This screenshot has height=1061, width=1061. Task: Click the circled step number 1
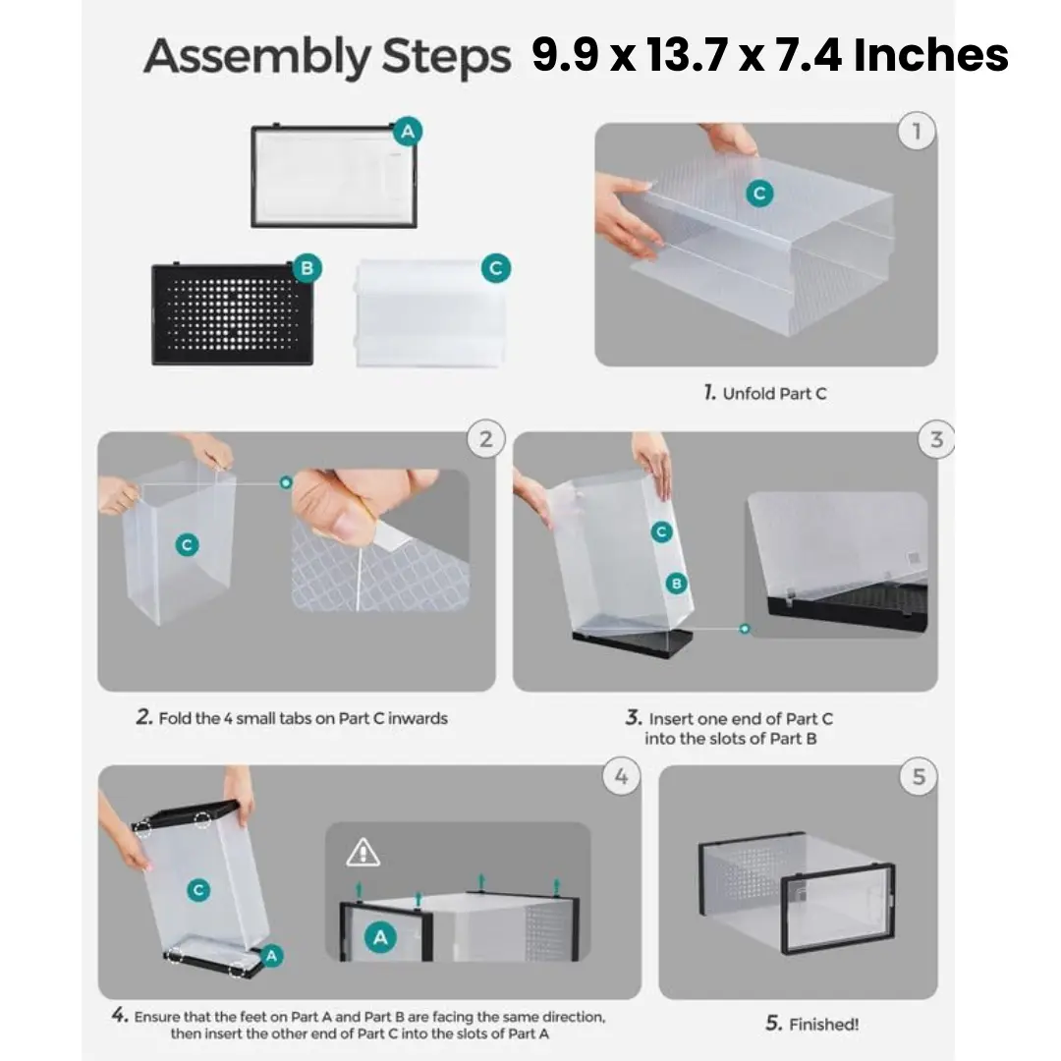(x=917, y=131)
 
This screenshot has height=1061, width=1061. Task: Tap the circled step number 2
(x=486, y=439)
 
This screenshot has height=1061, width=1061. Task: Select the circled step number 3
(x=936, y=439)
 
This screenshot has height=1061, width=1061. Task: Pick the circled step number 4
(x=621, y=776)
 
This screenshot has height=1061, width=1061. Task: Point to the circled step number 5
(x=919, y=776)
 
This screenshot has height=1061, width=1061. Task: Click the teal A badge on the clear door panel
(x=408, y=132)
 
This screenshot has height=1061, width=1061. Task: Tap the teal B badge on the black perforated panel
(x=307, y=268)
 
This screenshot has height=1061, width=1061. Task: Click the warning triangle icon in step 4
(x=363, y=853)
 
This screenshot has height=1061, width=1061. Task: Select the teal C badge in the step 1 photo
(x=759, y=194)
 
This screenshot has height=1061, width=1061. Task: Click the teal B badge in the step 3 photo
(x=676, y=584)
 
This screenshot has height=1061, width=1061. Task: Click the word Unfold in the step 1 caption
(x=749, y=394)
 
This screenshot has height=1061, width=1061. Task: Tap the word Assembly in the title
(x=257, y=58)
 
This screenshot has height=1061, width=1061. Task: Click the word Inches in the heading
(x=931, y=55)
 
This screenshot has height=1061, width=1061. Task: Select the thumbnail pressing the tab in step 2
(x=380, y=540)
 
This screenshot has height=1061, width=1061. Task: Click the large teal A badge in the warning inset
(x=380, y=937)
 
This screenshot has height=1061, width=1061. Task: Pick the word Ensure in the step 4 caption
(x=156, y=1017)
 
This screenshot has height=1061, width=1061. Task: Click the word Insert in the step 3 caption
(x=670, y=718)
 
